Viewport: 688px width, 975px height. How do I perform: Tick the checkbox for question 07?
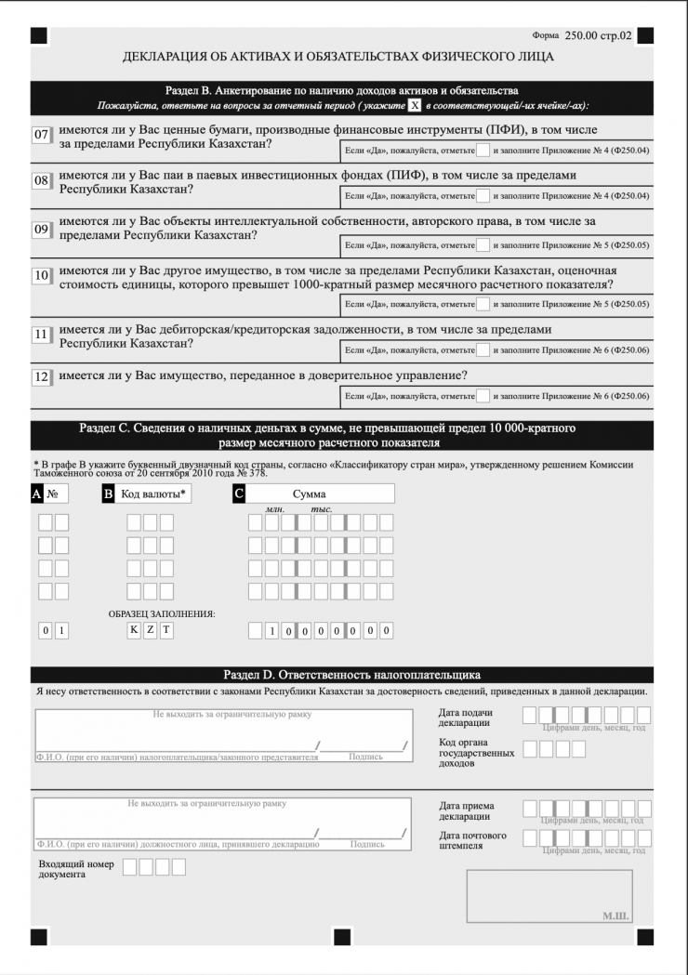[x=482, y=150]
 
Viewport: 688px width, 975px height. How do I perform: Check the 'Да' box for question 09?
[x=482, y=245]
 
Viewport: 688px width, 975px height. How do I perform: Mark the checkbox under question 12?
[x=482, y=396]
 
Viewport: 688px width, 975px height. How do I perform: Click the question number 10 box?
[x=41, y=276]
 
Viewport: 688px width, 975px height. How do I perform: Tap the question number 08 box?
[x=41, y=180]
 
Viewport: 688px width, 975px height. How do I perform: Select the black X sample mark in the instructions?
[x=415, y=106]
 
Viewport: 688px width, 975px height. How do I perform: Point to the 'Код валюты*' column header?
[x=153, y=494]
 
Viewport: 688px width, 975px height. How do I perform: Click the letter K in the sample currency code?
[x=134, y=631]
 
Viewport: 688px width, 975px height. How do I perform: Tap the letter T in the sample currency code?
[x=166, y=631]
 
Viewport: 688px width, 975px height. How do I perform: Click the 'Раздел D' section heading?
[x=351, y=675]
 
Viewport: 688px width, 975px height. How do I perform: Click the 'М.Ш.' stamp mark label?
[x=615, y=916]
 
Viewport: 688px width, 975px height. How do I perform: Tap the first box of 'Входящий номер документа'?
[x=130, y=867]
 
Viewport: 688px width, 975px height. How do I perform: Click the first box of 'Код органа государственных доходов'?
[x=530, y=748]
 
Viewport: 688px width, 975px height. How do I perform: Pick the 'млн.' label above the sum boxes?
[x=274, y=510]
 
